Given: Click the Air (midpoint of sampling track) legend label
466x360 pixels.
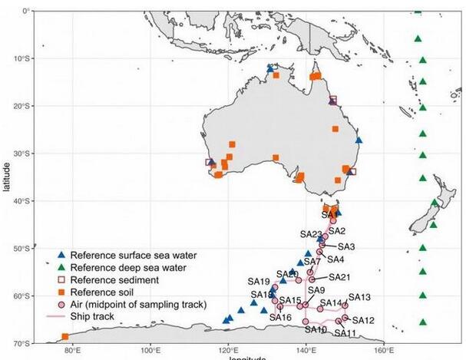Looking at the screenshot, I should coord(138,304).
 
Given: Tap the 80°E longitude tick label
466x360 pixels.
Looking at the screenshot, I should coord(73,351).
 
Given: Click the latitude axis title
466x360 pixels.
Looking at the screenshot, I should coord(5,177).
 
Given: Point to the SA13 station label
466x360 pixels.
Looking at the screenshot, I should coord(359,296).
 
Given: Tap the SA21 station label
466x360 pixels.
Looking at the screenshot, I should coord(339,277).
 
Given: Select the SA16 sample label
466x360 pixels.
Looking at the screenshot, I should coord(280,318).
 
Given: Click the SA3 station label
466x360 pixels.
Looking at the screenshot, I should coord(345,246).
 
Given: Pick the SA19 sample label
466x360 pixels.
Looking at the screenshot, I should coord(259,281).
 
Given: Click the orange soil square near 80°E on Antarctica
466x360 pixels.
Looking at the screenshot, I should coord(64,337).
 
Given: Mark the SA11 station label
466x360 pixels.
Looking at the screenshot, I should coord(345,333).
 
